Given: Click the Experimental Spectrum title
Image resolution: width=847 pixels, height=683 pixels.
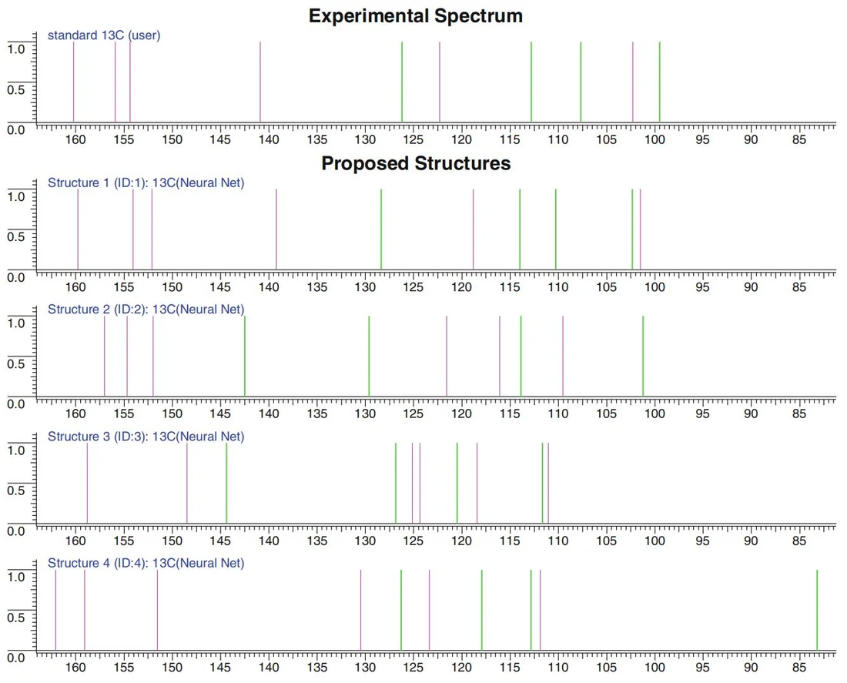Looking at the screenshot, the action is click(x=415, y=15).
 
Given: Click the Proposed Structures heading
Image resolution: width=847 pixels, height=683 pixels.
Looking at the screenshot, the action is click(x=416, y=163).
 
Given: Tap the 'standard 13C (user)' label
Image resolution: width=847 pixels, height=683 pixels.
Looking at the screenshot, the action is click(x=104, y=35).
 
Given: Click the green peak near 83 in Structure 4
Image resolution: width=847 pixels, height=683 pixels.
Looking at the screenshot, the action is click(x=817, y=610).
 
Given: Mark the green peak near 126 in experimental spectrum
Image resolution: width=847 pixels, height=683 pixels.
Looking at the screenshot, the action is click(x=402, y=82).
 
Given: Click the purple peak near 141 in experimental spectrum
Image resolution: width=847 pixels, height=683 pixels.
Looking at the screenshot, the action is click(x=260, y=82).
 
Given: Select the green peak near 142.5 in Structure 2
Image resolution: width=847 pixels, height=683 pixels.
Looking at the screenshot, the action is click(x=245, y=356).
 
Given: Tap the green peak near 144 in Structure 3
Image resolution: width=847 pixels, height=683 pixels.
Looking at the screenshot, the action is click(x=226, y=483).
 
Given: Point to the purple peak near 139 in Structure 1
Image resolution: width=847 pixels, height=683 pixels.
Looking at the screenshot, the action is click(x=276, y=229).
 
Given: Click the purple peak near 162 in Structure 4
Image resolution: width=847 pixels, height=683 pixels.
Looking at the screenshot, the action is click(x=55, y=610).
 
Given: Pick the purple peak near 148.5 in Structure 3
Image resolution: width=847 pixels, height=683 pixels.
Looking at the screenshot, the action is click(x=187, y=483).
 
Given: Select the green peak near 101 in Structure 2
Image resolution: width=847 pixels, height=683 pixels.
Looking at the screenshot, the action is click(x=643, y=356).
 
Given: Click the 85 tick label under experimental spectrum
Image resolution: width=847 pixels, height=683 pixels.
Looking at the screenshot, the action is click(x=799, y=139).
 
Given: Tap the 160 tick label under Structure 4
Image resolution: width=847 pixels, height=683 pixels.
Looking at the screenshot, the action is click(x=75, y=668).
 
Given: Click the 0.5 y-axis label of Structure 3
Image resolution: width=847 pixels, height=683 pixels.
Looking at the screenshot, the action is click(x=15, y=490).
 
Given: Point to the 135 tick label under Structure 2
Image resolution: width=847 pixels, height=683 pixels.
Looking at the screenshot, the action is click(x=316, y=414).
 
